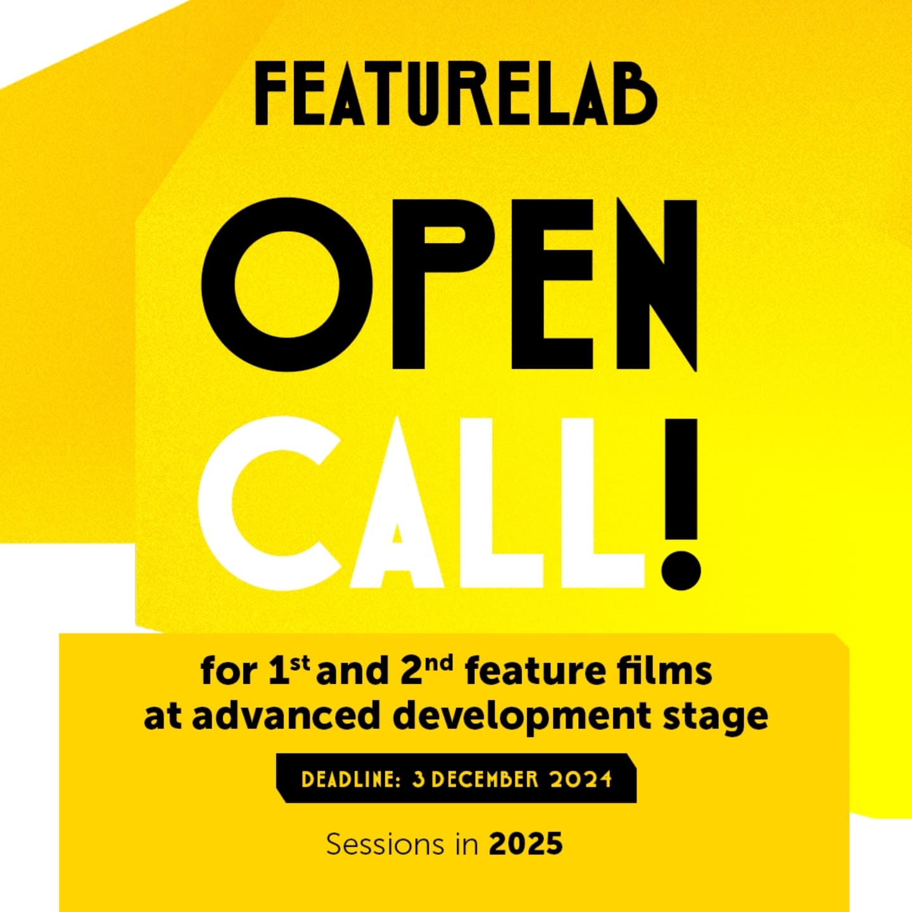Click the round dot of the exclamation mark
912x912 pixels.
pyautogui.click(x=681, y=570)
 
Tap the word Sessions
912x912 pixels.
pyautogui.click(x=386, y=845)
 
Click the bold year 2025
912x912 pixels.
pyautogui.click(x=526, y=845)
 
